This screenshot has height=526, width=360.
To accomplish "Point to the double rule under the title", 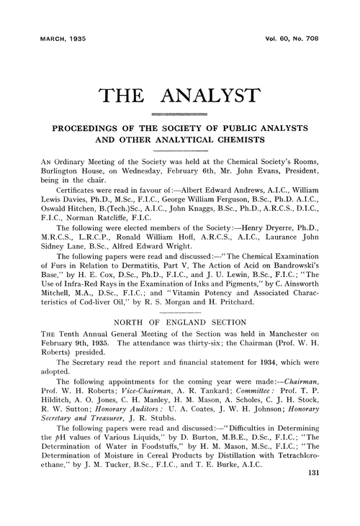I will [x=179, y=113].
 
